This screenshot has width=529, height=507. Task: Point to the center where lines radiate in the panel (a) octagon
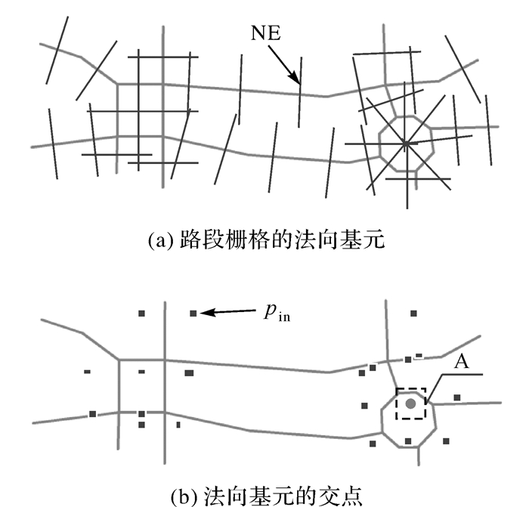(x=406, y=142)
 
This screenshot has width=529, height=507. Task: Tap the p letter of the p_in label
(x=269, y=313)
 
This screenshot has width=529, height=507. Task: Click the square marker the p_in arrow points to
(x=193, y=313)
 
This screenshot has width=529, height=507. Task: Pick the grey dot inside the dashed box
(x=410, y=403)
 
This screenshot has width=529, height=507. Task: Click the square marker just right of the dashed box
(x=457, y=397)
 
